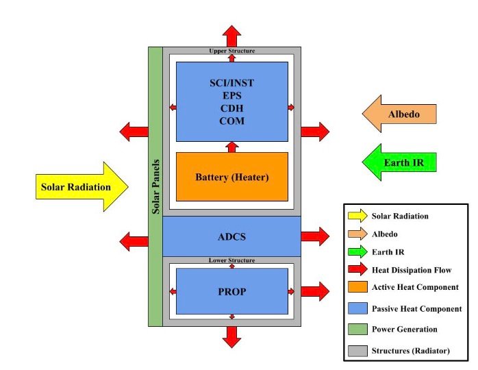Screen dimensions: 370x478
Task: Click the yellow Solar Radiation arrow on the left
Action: coord(81,186)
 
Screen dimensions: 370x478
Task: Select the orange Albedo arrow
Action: coord(399,113)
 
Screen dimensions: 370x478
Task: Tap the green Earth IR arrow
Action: coord(399,162)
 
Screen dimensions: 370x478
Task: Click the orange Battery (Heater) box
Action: coord(231,177)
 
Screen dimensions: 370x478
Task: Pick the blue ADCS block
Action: coord(231,237)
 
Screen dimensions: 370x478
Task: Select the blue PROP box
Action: coord(231,291)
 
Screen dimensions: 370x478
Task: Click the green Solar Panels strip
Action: coord(155,186)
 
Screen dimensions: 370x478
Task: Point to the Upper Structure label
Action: coord(231,51)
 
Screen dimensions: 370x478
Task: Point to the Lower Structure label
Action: coord(231,260)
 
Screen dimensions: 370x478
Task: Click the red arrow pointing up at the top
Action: coord(231,36)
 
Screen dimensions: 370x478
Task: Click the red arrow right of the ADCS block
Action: coord(315,237)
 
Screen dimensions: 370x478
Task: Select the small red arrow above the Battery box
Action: coord(231,147)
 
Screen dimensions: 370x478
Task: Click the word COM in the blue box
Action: coord(231,121)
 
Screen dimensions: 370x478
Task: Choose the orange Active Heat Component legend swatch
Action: coord(357,287)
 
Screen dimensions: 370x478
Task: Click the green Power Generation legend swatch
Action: coord(357,329)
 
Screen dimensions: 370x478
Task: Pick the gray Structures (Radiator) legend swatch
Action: coord(357,350)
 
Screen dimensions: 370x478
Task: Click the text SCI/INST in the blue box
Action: coord(231,83)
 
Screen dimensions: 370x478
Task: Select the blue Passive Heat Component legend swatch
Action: coord(357,308)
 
